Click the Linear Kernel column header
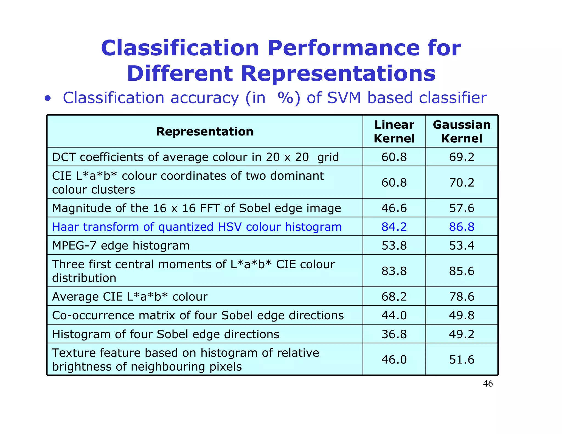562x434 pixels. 394,131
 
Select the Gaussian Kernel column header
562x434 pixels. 462,131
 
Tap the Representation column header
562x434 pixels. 205,131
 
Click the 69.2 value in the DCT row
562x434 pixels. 462,157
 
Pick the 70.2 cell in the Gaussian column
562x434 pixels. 462,182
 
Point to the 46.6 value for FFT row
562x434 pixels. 394,208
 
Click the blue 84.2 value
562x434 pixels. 394,227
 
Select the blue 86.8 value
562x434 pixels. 462,227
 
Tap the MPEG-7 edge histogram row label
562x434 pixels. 121,246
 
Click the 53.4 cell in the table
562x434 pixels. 462,246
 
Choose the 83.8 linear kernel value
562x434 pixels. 394,271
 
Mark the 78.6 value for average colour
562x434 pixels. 462,297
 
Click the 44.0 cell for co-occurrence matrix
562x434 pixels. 394,315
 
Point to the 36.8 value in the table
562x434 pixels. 394,334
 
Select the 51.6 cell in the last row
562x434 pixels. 462,359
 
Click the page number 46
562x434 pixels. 488,384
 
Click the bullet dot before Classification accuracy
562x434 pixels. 48,98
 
